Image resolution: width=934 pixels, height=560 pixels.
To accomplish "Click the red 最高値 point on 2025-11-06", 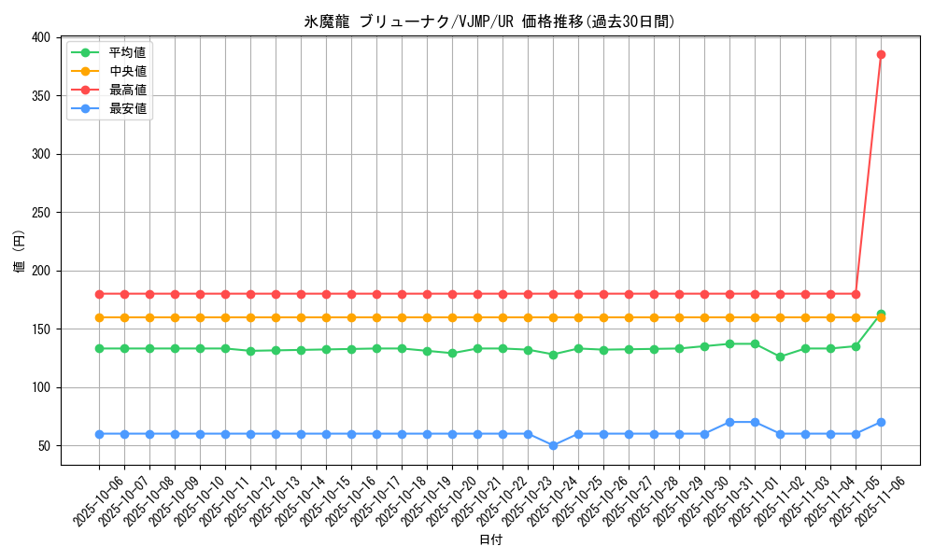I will [x=881, y=54].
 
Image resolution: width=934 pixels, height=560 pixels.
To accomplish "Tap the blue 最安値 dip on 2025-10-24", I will [x=553, y=445].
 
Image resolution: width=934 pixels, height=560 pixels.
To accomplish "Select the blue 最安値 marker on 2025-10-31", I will [x=729, y=422].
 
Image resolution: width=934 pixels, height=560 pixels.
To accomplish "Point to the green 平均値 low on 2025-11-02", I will [x=780, y=357].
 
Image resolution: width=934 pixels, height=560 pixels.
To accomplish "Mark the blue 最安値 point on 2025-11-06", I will [x=881, y=422].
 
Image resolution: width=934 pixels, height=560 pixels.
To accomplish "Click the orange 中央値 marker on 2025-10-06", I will [x=99, y=317].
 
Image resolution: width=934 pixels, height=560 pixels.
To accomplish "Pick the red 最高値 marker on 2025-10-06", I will [x=99, y=294].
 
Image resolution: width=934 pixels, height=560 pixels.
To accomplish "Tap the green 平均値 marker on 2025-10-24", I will [x=553, y=355].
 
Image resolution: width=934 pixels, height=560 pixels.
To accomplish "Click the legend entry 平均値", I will [x=127, y=52].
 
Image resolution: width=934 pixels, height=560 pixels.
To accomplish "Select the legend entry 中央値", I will [x=127, y=71].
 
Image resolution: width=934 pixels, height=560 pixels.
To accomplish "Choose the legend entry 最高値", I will [x=127, y=90].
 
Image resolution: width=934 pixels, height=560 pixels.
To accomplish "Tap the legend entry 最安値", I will [x=127, y=108].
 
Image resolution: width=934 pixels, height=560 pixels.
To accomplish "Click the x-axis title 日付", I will [x=490, y=540].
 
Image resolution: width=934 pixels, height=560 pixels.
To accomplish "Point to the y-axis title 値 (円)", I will [x=20, y=252].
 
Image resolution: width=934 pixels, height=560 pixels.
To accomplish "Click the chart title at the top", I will [x=490, y=21].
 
